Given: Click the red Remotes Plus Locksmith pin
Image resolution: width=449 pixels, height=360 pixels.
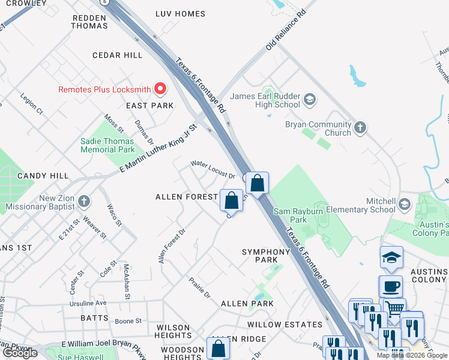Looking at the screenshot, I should tap(160, 90).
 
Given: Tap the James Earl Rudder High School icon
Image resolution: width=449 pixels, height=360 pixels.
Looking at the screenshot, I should tap(310, 99).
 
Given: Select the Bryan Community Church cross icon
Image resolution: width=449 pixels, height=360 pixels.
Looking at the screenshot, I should tap(360, 127).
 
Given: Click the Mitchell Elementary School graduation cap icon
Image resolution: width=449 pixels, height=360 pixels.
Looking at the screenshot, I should tap(405, 205).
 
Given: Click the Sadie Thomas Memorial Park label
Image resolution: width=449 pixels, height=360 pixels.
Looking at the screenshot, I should tap(107, 145).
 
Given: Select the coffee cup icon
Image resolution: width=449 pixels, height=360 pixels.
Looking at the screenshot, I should tap(390, 286).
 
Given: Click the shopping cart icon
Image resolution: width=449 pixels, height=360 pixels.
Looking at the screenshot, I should tap(394, 308).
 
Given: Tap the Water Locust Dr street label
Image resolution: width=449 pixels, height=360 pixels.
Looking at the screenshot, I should tap(212, 169).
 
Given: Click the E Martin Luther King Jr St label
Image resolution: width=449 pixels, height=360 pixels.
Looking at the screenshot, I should tap(158, 149).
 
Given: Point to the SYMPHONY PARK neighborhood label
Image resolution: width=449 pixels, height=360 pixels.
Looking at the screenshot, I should tap(266, 256).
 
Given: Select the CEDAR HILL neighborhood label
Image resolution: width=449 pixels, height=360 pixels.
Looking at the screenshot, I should tap(117, 55).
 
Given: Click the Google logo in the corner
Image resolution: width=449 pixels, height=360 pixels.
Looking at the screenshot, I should tap(20, 353).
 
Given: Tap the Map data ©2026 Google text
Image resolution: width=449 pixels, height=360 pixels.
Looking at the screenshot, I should tap(412, 355).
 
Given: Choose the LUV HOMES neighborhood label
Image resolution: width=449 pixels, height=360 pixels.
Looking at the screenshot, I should tap(180, 13).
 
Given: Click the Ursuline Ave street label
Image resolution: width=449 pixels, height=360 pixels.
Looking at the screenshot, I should tap(88, 303).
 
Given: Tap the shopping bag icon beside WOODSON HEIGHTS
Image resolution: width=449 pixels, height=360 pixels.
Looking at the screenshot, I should tap(218, 348).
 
